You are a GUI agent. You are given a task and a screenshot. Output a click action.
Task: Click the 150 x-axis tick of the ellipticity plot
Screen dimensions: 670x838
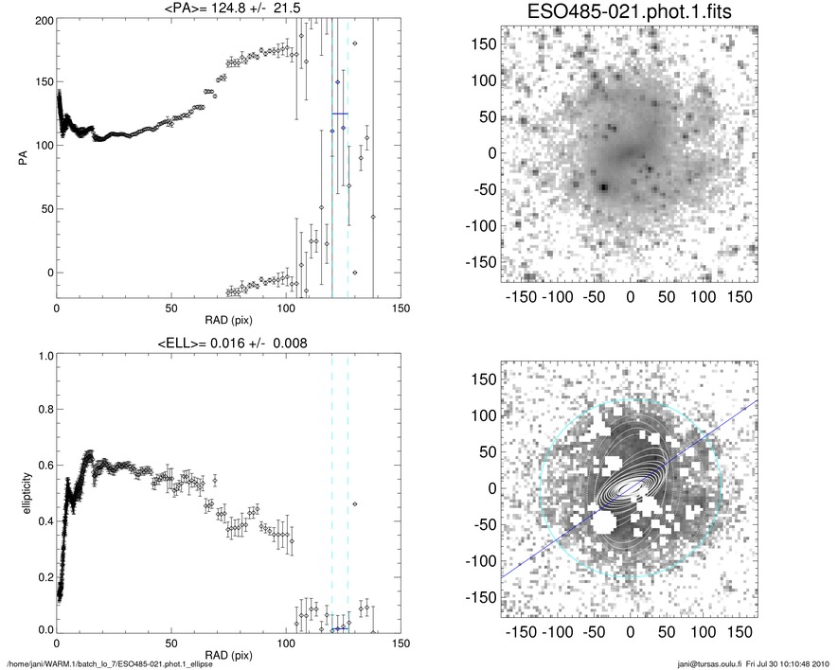401,644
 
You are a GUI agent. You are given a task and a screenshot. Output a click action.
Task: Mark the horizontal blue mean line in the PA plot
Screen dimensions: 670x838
340,114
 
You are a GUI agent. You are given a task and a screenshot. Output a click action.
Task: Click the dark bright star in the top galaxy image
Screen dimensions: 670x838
603,187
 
